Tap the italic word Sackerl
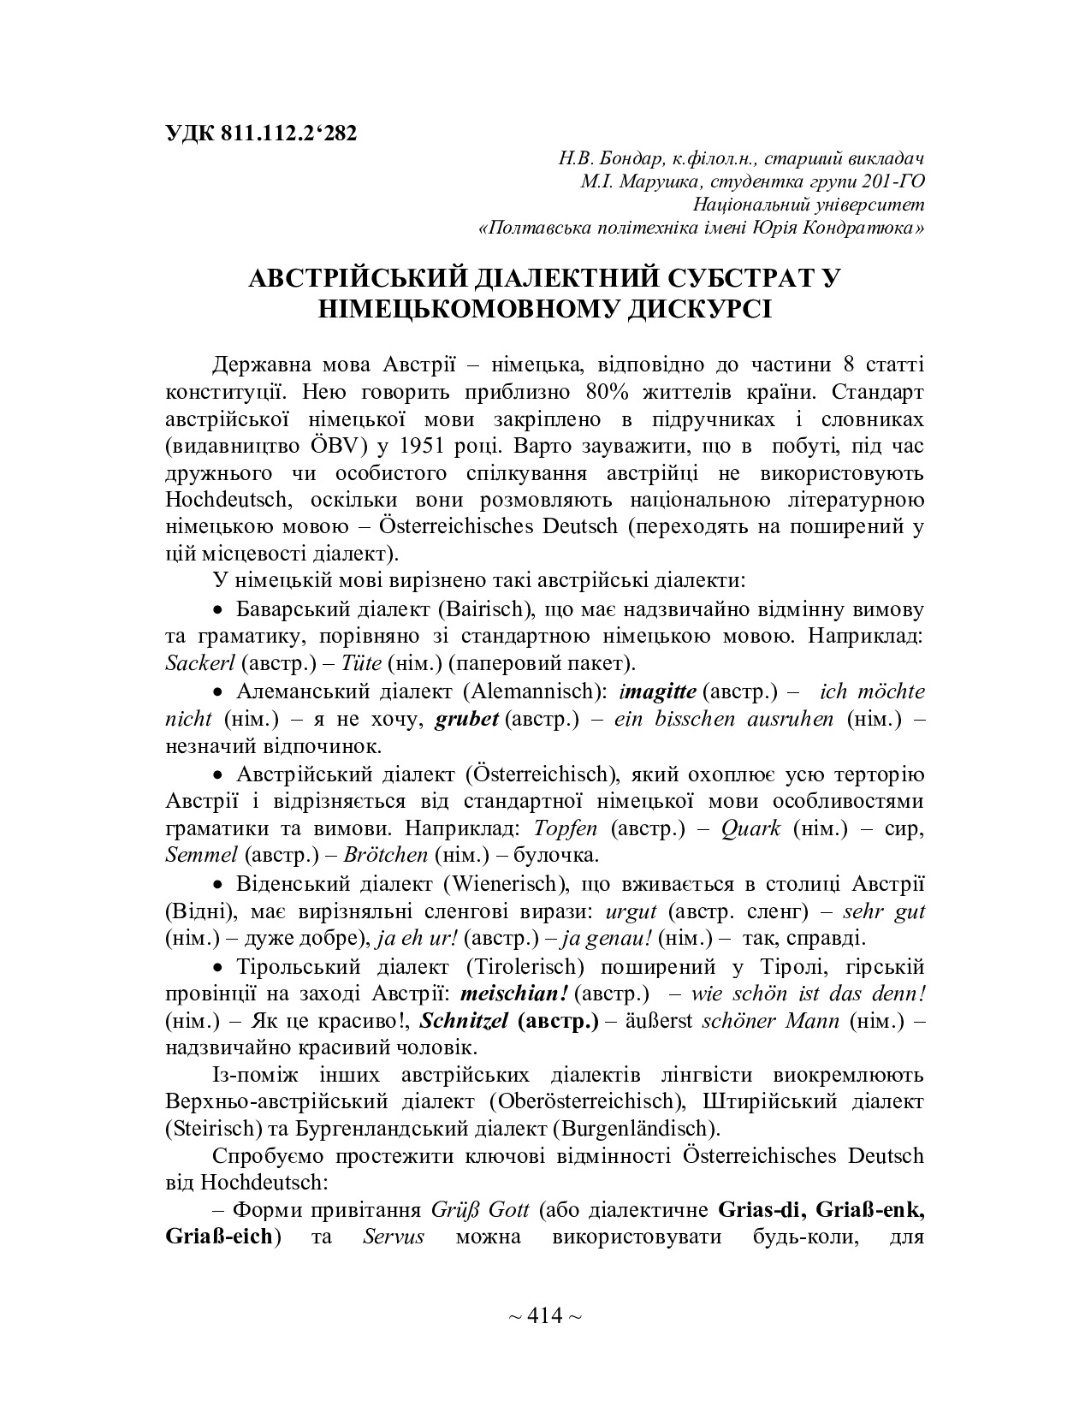[x=202, y=663]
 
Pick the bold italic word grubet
[x=467, y=718]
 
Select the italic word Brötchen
[x=388, y=855]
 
